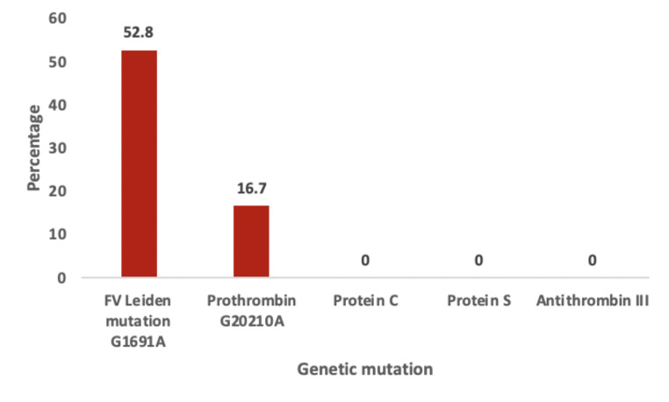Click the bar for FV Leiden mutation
pyautogui.click(x=139, y=163)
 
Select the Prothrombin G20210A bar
pyautogui.click(x=251, y=241)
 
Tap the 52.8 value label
pyautogui.click(x=138, y=32)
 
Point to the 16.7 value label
pyautogui.click(x=252, y=188)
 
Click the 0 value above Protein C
pyautogui.click(x=365, y=261)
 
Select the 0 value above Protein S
pyautogui.click(x=478, y=261)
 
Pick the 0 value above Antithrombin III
pyautogui.click(x=593, y=261)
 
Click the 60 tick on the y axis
pyautogui.click(x=58, y=18)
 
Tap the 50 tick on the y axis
pyautogui.click(x=58, y=61)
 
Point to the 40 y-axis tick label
pyautogui.click(x=58, y=105)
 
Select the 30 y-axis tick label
pyautogui.click(x=58, y=148)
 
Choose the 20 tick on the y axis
pyautogui.click(x=58, y=191)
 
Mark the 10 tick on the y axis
pyautogui.click(x=58, y=234)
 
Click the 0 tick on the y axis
pyautogui.click(x=61, y=278)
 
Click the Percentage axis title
pyautogui.click(x=33, y=148)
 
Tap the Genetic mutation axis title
pyautogui.click(x=365, y=370)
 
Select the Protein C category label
pyautogui.click(x=365, y=301)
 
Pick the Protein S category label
pyautogui.click(x=478, y=301)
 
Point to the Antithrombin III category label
pyautogui.click(x=593, y=301)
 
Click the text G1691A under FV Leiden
pyautogui.click(x=138, y=342)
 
